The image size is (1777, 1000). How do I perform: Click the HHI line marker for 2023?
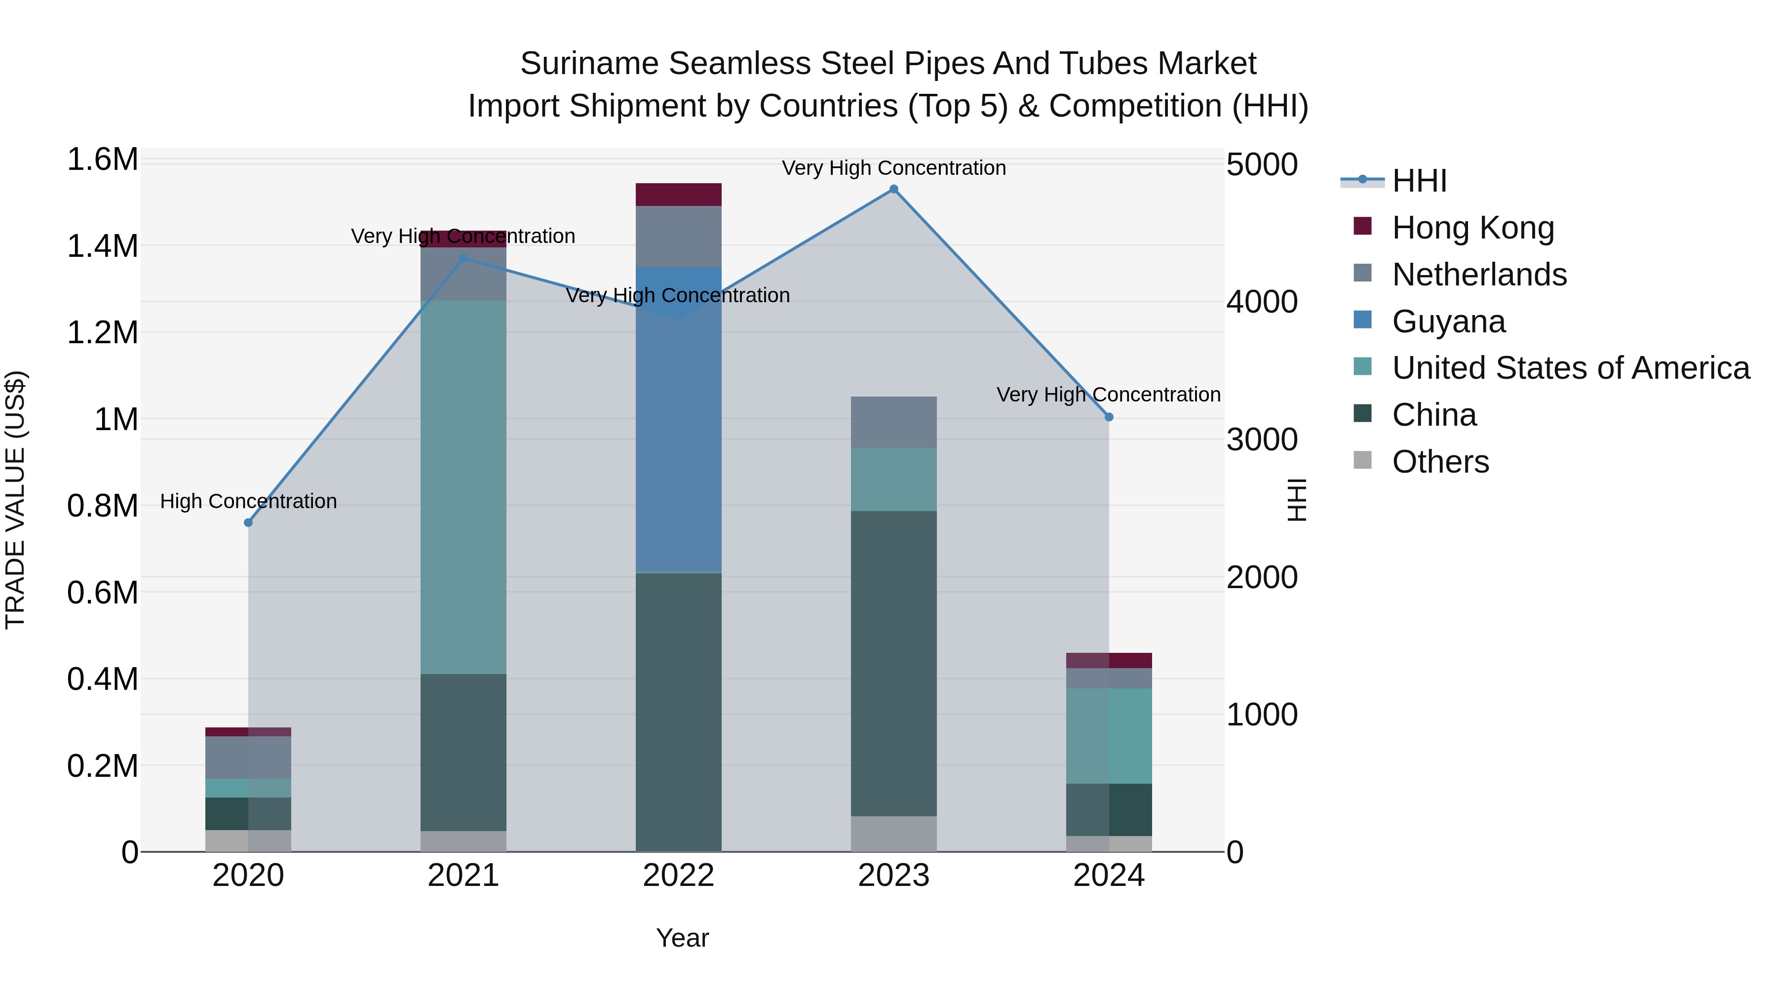(893, 189)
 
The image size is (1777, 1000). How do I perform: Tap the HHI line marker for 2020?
(248, 522)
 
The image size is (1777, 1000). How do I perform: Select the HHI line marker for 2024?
(1109, 417)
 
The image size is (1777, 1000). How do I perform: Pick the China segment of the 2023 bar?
(893, 663)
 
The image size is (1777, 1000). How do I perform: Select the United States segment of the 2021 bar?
(463, 486)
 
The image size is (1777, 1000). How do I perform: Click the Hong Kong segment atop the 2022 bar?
(678, 195)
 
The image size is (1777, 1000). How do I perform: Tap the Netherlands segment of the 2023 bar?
(893, 422)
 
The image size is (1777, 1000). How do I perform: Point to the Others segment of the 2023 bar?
(893, 834)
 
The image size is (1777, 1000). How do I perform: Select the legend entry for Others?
(1440, 462)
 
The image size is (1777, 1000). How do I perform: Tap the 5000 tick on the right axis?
(1262, 165)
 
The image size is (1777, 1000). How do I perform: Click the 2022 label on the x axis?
(678, 876)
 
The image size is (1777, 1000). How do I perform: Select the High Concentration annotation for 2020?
(248, 501)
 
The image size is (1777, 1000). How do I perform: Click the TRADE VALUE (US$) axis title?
(15, 500)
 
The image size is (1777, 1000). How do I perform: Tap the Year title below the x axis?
(682, 938)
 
